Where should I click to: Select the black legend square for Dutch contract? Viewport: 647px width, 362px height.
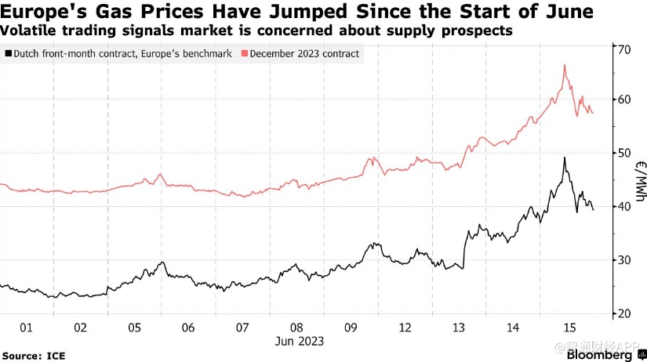(x=8, y=54)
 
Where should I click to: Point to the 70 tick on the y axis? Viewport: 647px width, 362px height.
(x=625, y=49)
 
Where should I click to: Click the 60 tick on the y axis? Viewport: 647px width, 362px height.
(x=625, y=100)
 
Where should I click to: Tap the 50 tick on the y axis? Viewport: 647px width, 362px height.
(x=625, y=153)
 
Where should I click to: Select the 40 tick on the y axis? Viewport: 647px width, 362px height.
(x=625, y=206)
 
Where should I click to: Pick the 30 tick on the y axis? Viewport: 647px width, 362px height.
(x=625, y=259)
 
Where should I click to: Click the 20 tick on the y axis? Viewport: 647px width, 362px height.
(x=625, y=313)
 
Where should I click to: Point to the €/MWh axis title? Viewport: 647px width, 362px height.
(x=640, y=180)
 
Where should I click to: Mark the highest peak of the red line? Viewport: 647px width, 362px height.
(x=565, y=65)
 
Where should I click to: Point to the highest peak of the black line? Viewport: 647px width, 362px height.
(x=565, y=157)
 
